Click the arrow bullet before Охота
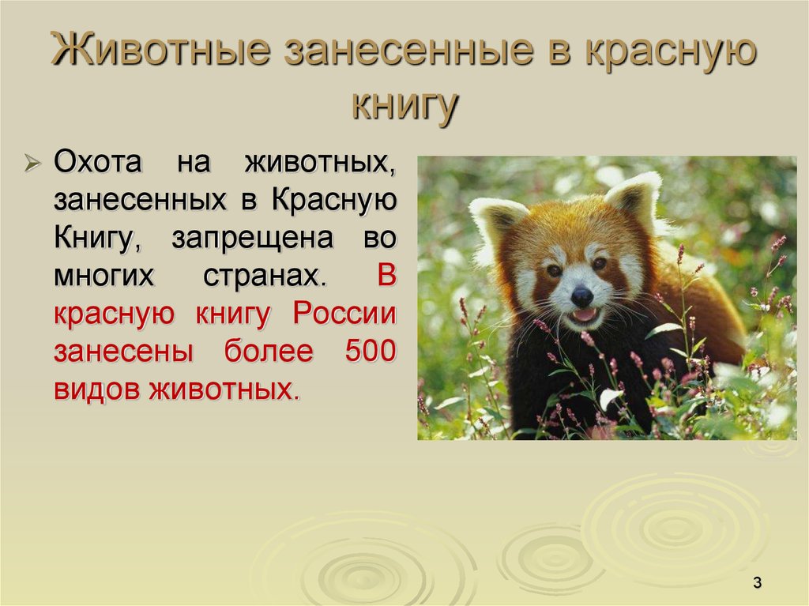[x=32, y=164]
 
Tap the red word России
[x=344, y=314]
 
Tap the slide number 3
[x=757, y=583]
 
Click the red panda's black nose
[x=582, y=296]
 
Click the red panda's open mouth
[x=585, y=315]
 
